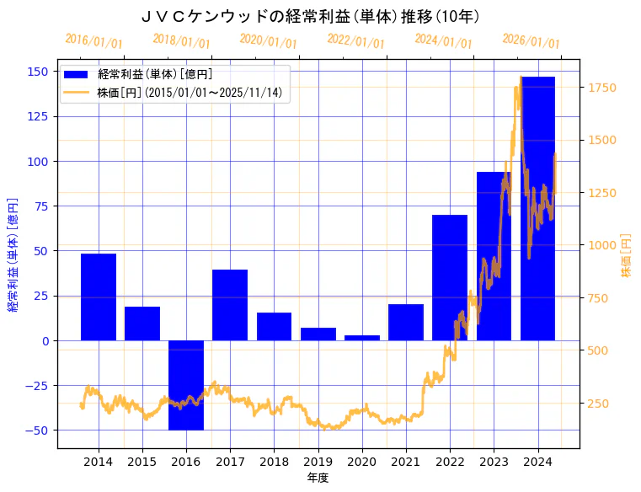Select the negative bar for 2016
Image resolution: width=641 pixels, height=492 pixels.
[x=186, y=385]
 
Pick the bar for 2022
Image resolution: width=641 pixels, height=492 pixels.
[x=450, y=277]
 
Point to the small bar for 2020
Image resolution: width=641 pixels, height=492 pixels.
[x=362, y=338]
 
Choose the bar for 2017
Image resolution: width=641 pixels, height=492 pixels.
[x=230, y=305]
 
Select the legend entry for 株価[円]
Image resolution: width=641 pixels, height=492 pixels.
[x=190, y=93]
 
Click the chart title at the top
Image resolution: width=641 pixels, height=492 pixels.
[x=310, y=16]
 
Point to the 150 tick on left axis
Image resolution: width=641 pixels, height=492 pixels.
[x=42, y=72]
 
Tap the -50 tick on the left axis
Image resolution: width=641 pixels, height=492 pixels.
[x=40, y=430]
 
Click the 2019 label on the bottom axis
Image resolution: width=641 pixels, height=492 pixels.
[x=318, y=462]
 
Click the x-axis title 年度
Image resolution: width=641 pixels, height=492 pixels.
[x=318, y=478]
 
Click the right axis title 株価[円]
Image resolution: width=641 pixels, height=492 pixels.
[x=626, y=255]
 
